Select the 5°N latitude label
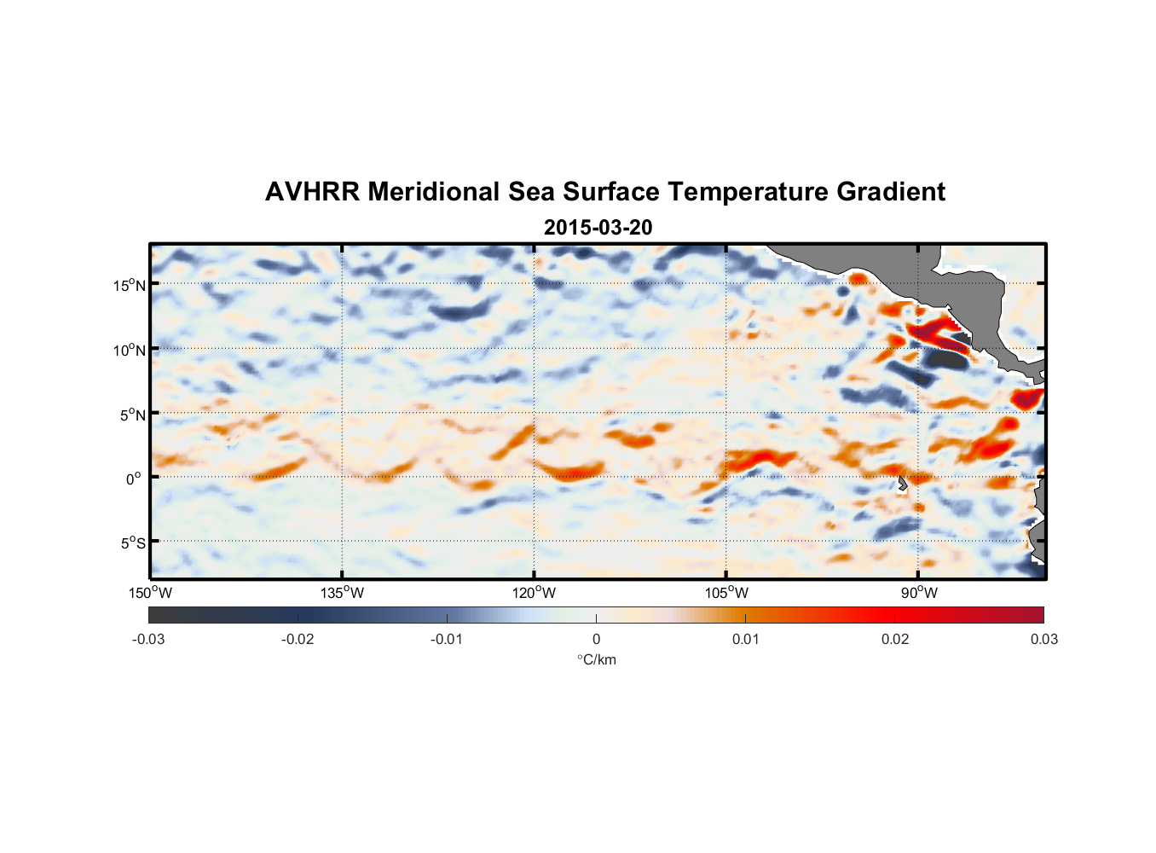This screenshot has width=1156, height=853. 132,415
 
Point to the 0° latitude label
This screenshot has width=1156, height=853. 134,479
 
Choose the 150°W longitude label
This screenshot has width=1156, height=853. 150,593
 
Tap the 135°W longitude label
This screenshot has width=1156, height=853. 342,593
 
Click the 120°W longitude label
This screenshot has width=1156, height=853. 534,593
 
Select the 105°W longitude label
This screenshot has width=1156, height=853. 726,593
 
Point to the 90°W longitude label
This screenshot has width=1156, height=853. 918,593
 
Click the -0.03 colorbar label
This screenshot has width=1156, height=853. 148,639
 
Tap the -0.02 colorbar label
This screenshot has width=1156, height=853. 298,639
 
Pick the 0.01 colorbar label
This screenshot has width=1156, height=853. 745,639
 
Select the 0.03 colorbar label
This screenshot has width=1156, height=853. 1043,639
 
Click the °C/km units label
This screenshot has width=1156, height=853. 596,659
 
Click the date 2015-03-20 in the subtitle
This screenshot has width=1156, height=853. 598,228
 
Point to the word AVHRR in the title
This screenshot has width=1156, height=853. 312,192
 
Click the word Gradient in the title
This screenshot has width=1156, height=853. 891,192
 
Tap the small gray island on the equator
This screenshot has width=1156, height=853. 902,484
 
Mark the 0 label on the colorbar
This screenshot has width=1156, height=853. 596,639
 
